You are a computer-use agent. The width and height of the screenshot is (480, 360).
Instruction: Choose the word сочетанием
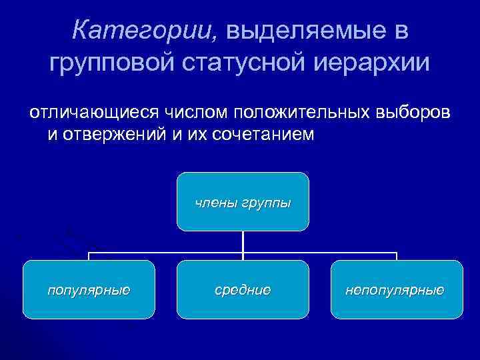pyautogui.click(x=261, y=135)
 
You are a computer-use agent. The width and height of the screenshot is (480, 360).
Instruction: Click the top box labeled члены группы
pyautogui.click(x=243, y=201)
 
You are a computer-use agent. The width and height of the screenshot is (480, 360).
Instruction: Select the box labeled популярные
pyautogui.click(x=89, y=289)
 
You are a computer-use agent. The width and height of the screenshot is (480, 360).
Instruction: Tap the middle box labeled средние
pyautogui.click(x=243, y=289)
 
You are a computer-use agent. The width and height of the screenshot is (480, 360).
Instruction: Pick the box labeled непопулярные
pyautogui.click(x=396, y=289)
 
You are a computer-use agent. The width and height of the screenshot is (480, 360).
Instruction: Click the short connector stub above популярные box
pyautogui.click(x=89, y=257)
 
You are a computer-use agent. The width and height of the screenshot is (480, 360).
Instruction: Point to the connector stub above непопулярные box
pyautogui.click(x=397, y=257)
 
